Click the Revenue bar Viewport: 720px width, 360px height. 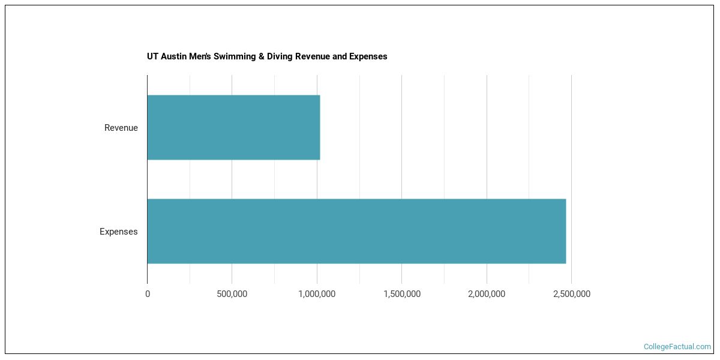coord(233,127)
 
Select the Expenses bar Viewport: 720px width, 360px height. coord(356,231)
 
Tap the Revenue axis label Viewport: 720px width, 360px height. coord(121,128)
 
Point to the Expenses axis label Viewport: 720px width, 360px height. coord(118,232)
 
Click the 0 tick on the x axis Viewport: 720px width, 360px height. coord(148,294)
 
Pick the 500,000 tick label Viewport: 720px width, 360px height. coord(232,294)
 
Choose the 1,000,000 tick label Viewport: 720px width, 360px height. coord(316,294)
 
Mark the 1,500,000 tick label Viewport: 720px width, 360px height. coord(401,294)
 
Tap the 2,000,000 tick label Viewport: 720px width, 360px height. coord(486,294)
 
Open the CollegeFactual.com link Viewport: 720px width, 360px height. coord(677,347)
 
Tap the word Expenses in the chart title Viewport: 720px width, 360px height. coord(368,56)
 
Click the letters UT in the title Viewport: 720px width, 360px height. coord(152,56)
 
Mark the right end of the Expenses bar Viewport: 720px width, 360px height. coord(565,231)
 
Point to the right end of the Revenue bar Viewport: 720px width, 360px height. coord(319,127)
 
